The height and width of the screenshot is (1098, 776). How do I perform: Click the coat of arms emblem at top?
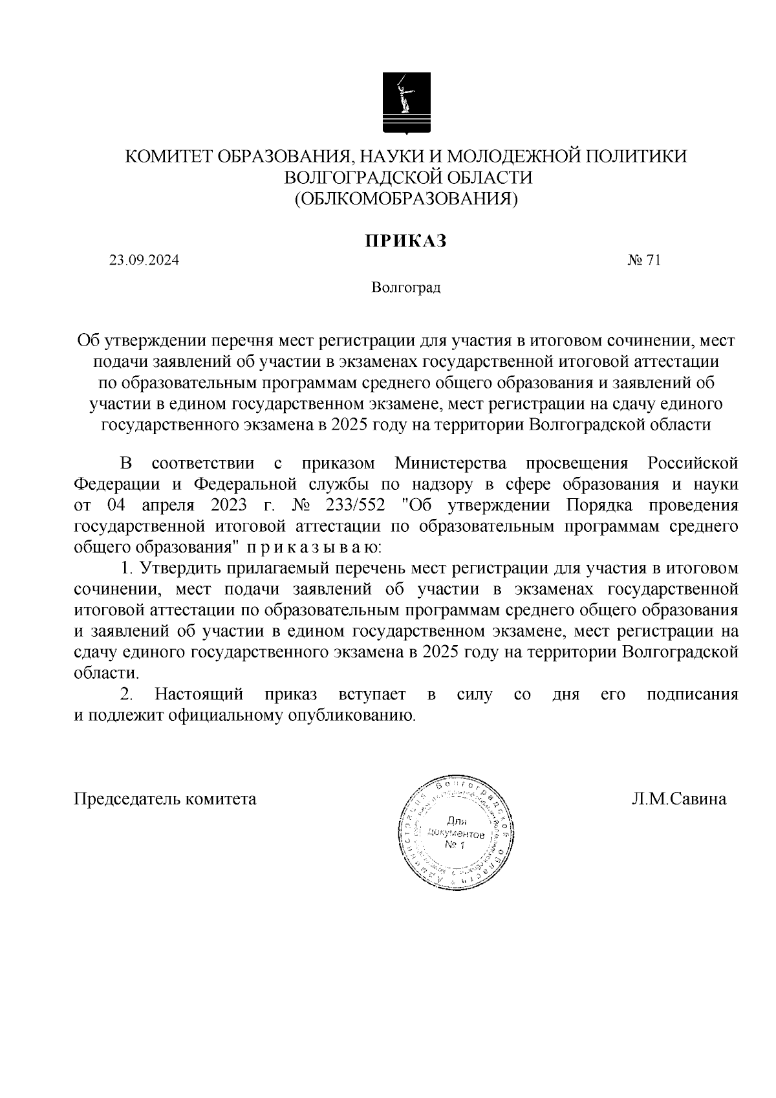coord(405,103)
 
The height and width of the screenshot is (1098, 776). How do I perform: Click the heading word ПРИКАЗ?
coord(405,241)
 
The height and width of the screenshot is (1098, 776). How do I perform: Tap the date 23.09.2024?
coord(144,261)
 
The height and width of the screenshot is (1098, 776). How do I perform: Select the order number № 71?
coord(643,261)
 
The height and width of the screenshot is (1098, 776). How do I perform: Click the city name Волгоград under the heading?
coord(405,287)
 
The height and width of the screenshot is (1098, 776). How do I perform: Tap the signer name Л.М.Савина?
coord(679,799)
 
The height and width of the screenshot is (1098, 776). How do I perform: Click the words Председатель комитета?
coord(165,799)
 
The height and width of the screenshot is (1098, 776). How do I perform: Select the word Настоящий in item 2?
coord(199,694)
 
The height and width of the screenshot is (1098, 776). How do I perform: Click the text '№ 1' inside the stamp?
coord(455,847)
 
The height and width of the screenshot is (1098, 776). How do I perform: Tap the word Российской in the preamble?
coord(693,463)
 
